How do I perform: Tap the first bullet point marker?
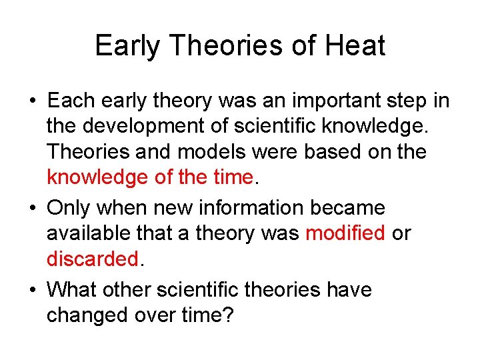[33, 102]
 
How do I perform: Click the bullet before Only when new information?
[33, 209]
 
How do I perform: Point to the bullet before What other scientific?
[33, 291]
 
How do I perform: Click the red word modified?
[345, 233]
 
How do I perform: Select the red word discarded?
[93, 259]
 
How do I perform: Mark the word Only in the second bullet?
[69, 208]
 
